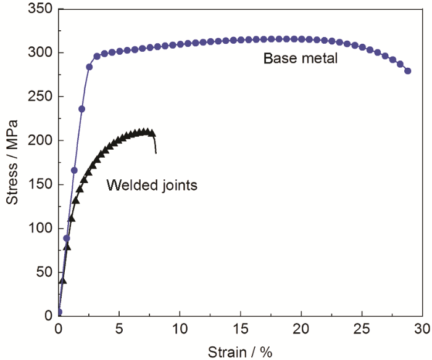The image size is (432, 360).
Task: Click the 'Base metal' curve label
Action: (300, 59)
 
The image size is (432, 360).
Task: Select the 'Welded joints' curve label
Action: (152, 185)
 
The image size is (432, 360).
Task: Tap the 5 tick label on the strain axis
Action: (119, 327)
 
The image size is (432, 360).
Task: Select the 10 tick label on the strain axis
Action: (180, 327)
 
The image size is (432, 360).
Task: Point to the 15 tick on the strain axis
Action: (240, 327)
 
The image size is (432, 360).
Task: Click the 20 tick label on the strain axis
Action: (301, 327)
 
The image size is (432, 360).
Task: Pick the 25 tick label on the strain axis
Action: (362, 327)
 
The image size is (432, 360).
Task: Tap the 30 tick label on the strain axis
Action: (422, 327)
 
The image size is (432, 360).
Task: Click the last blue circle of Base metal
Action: (407, 71)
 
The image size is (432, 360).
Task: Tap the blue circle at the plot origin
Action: (59, 312)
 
